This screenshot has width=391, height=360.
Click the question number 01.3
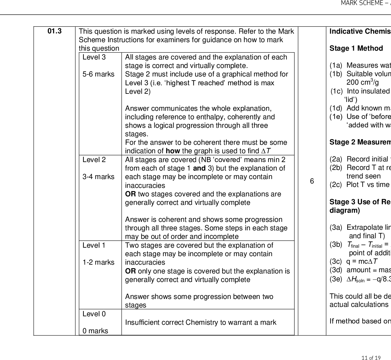click(x=55, y=31)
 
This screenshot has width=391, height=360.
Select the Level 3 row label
click(x=94, y=57)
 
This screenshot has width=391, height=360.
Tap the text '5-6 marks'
click(x=98, y=74)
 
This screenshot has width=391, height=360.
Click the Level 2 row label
click(x=94, y=160)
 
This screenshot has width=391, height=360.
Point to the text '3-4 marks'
click(x=98, y=177)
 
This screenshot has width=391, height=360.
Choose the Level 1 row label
click(x=94, y=245)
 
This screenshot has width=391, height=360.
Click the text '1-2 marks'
click(x=98, y=262)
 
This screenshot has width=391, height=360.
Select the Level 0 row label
click(x=94, y=314)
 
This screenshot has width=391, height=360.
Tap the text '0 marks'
click(x=95, y=331)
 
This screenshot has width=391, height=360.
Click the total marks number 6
click(x=312, y=181)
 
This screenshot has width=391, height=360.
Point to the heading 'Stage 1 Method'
click(x=356, y=48)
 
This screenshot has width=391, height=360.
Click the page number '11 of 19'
click(x=371, y=358)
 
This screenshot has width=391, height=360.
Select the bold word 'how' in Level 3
click(x=173, y=151)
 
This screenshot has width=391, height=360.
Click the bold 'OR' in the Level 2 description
click(x=130, y=194)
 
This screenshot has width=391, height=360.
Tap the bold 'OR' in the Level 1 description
click(x=130, y=271)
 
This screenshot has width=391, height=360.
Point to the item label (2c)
click(x=336, y=185)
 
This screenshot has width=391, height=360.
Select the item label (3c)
click(x=336, y=262)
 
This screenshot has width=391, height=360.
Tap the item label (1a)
click(x=336, y=65)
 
